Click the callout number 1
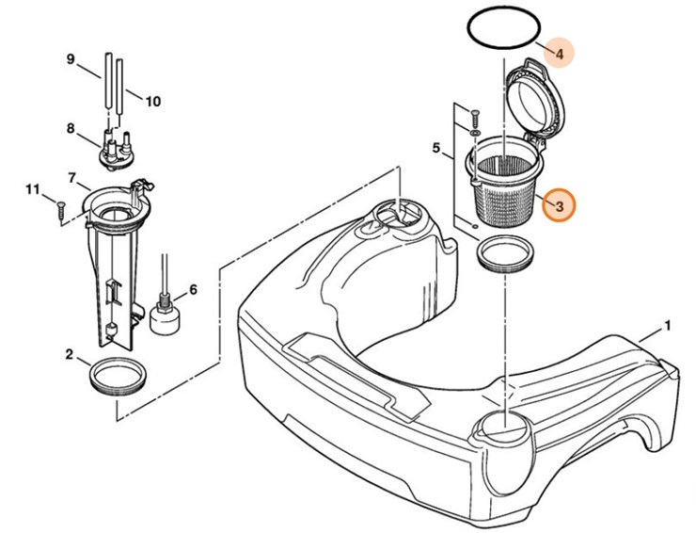(x=667, y=327)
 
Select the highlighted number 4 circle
(x=559, y=54)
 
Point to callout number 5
(x=436, y=148)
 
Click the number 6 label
(x=194, y=289)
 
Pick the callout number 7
(x=72, y=177)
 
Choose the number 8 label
(x=70, y=128)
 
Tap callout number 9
(x=70, y=60)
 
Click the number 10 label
(x=153, y=101)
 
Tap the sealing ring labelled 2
(x=119, y=377)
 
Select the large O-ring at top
(x=502, y=29)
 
